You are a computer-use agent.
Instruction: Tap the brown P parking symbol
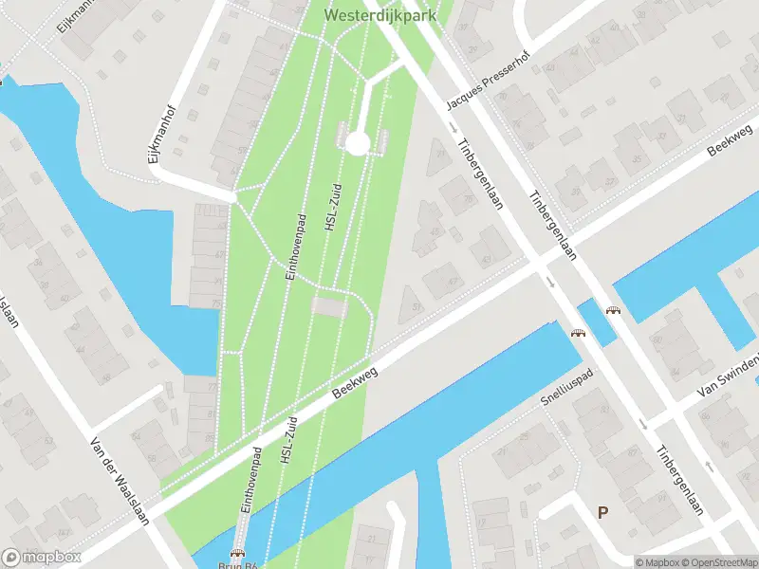602,512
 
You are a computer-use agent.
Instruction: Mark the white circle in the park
357,143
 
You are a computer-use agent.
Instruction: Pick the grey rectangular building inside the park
329,307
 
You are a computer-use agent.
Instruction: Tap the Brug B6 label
240,562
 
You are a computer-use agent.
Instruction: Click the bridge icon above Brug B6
238,551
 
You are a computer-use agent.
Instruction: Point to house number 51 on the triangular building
417,306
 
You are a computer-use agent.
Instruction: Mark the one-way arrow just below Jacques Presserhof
452,127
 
